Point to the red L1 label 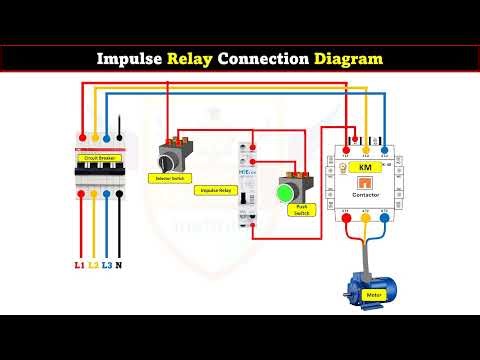coord(79,265)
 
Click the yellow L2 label coord(93,265)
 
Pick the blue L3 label coord(107,265)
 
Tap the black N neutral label coord(121,265)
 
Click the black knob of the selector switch coord(170,157)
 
